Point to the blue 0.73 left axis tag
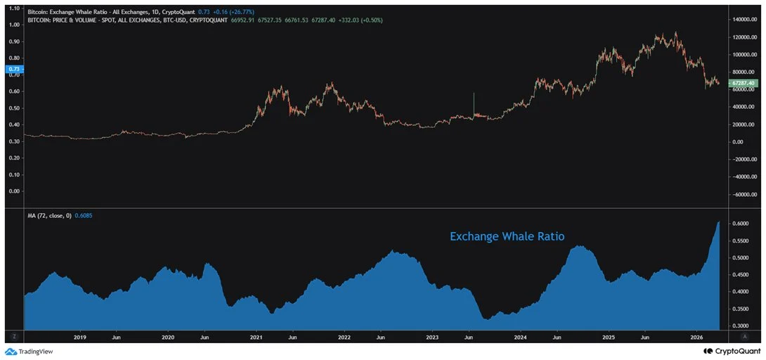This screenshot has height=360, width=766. tap(13, 69)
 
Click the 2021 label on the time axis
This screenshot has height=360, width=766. tap(256, 337)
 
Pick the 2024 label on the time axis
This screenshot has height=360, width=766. tap(520, 337)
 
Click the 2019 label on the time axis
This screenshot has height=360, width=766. tap(80, 337)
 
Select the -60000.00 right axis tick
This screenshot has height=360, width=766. tap(745, 195)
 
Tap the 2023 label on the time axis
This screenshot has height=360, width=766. tap(432, 337)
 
